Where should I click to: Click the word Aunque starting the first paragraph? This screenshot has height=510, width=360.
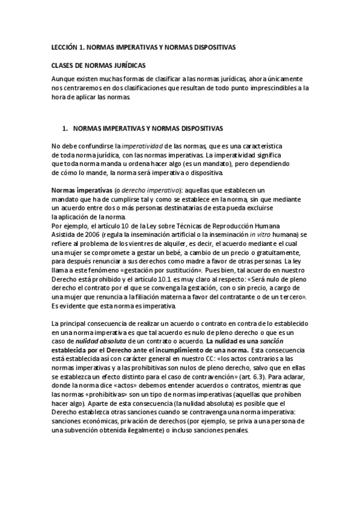64,79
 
